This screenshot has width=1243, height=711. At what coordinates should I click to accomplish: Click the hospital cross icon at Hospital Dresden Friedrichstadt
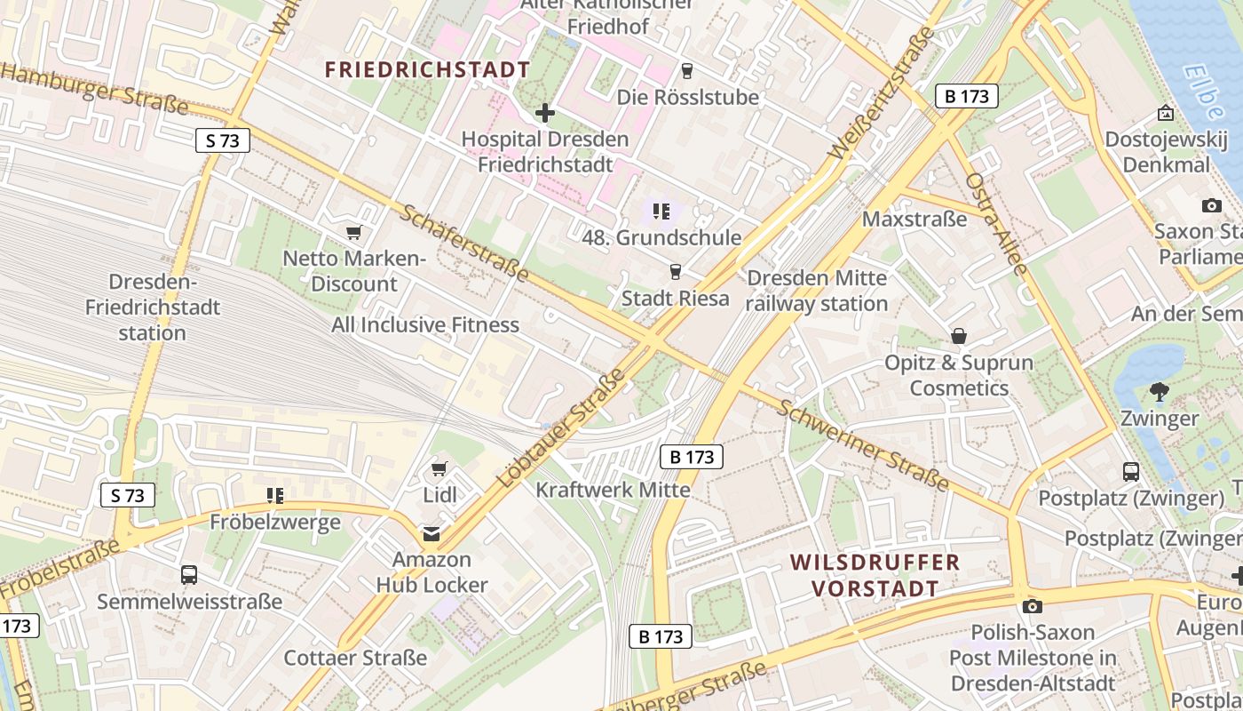[x=545, y=113]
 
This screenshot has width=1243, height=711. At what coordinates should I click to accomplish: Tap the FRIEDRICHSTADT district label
[x=427, y=69]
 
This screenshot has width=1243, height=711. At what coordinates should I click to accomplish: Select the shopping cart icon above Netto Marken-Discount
[x=354, y=233]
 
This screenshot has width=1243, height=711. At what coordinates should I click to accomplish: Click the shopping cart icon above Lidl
[x=439, y=468]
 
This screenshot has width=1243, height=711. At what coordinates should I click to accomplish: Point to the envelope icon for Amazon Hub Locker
[x=431, y=534]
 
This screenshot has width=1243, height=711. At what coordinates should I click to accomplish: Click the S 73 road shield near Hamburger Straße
[x=223, y=140]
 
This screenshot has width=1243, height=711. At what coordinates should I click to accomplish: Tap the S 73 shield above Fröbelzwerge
[x=128, y=495]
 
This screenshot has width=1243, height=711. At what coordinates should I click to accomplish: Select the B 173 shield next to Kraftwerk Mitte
[x=692, y=457]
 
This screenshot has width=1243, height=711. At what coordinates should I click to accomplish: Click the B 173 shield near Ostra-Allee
[x=967, y=96]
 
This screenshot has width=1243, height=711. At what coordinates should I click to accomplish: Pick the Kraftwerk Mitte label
[x=613, y=490]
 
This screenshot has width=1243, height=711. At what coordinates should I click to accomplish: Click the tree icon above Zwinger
[x=1159, y=391]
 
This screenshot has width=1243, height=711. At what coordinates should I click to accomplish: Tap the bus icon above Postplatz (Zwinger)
[x=1131, y=472]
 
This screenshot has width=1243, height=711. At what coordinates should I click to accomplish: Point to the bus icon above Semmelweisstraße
[x=189, y=574]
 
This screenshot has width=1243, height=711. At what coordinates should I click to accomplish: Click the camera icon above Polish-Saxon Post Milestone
[x=1032, y=606]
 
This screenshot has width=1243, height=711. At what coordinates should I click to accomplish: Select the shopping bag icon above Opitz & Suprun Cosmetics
[x=959, y=336]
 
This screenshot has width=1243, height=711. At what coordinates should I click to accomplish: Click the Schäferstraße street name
[x=463, y=243]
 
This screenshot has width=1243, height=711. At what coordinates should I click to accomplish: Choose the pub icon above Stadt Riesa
[x=676, y=272]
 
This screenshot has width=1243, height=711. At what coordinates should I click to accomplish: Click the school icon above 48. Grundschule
[x=661, y=212]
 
